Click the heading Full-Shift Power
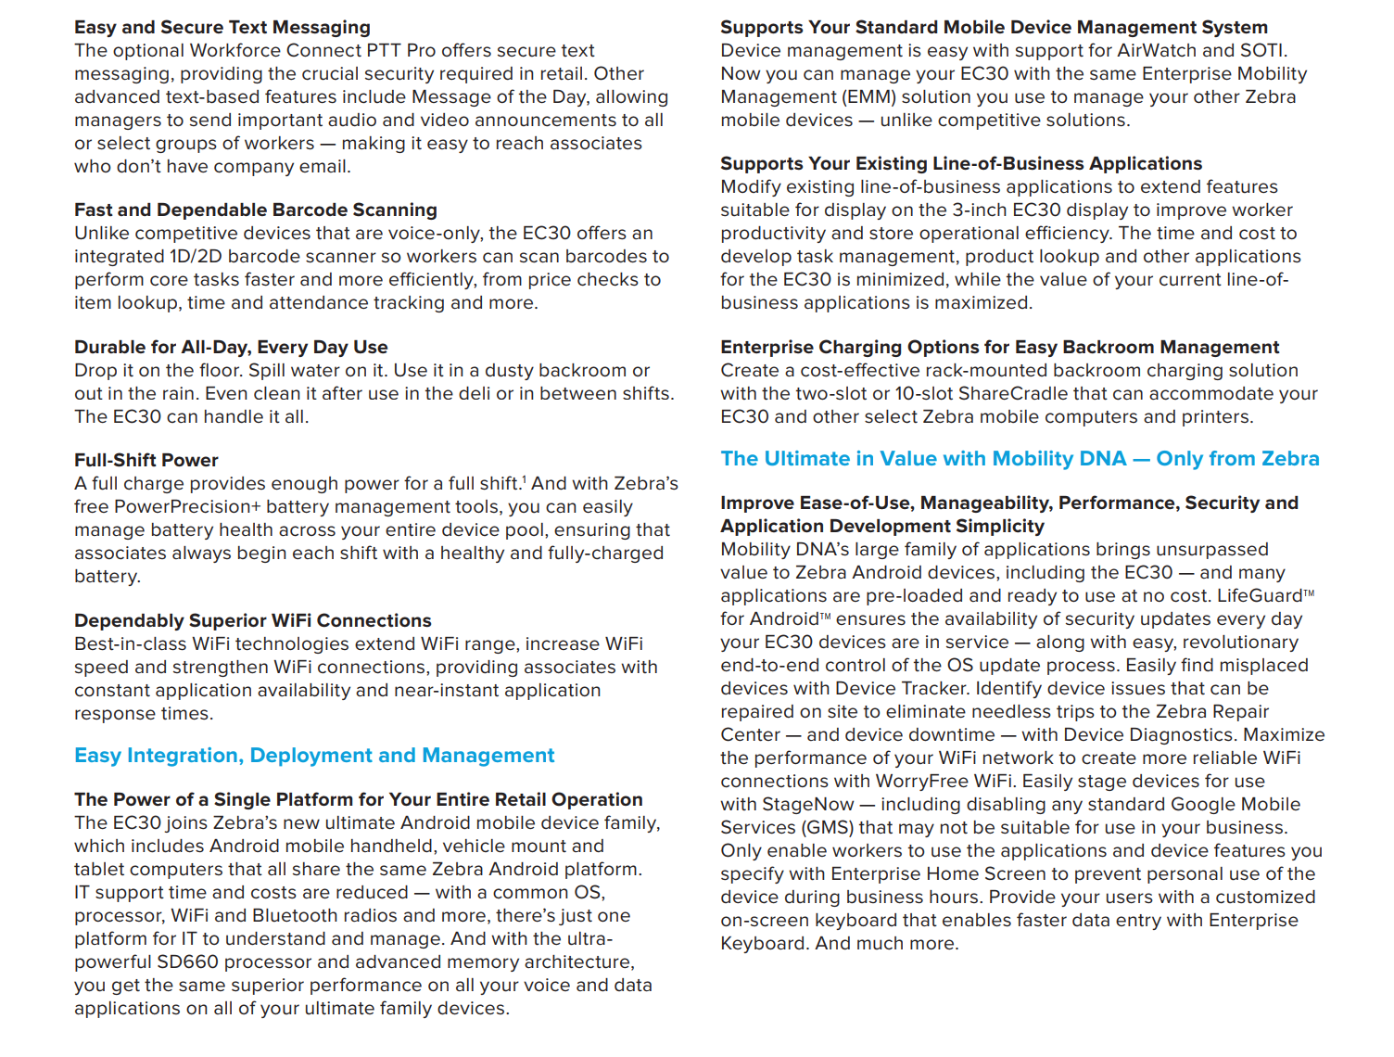[x=146, y=461]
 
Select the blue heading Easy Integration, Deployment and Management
[x=314, y=756]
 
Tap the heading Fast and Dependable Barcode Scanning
[x=256, y=210]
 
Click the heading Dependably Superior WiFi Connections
[x=253, y=621]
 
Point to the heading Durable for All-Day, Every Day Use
[x=231, y=348]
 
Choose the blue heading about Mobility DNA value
[x=1020, y=459]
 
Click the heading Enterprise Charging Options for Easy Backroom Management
[x=999, y=348]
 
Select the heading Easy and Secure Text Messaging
[x=222, y=28]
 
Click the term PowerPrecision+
[x=187, y=507]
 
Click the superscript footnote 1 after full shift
[x=524, y=479]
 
